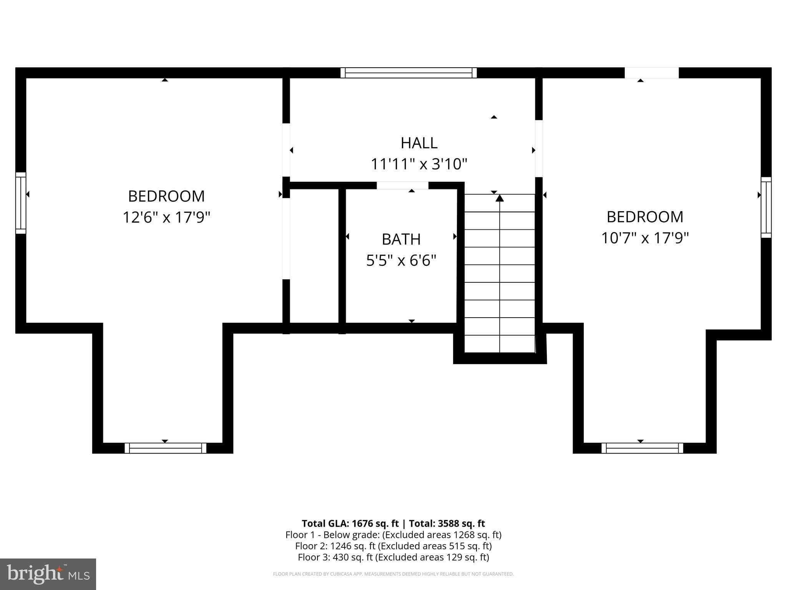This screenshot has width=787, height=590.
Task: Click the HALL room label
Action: click(x=419, y=143)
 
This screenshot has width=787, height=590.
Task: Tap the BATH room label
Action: click(x=401, y=239)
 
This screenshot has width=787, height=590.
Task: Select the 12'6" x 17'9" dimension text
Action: click(x=166, y=217)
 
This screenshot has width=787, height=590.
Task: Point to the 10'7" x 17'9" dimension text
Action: click(x=644, y=238)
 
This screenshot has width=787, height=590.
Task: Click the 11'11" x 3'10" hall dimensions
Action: click(x=418, y=164)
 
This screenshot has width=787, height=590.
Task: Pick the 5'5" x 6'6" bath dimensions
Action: click(x=401, y=261)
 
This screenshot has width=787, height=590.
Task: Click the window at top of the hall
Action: click(x=408, y=73)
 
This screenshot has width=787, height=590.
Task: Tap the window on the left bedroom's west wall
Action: click(x=21, y=203)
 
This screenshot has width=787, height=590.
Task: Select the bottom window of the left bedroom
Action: click(x=165, y=448)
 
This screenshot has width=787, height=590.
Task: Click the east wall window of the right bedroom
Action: click(x=766, y=207)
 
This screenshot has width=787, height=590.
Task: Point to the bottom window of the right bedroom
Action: click(x=642, y=448)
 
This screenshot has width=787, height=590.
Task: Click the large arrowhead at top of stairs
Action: click(x=500, y=198)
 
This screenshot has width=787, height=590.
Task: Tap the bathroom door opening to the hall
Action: click(x=402, y=186)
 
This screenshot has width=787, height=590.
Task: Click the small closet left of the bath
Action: click(x=314, y=255)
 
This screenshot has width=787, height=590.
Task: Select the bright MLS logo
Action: click(x=48, y=574)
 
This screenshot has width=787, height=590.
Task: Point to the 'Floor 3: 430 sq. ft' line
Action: click(x=393, y=557)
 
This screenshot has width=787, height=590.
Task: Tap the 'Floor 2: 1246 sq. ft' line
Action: click(x=393, y=546)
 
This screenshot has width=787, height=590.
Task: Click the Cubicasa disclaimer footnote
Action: click(x=393, y=574)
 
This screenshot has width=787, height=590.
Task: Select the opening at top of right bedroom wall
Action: click(x=651, y=73)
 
